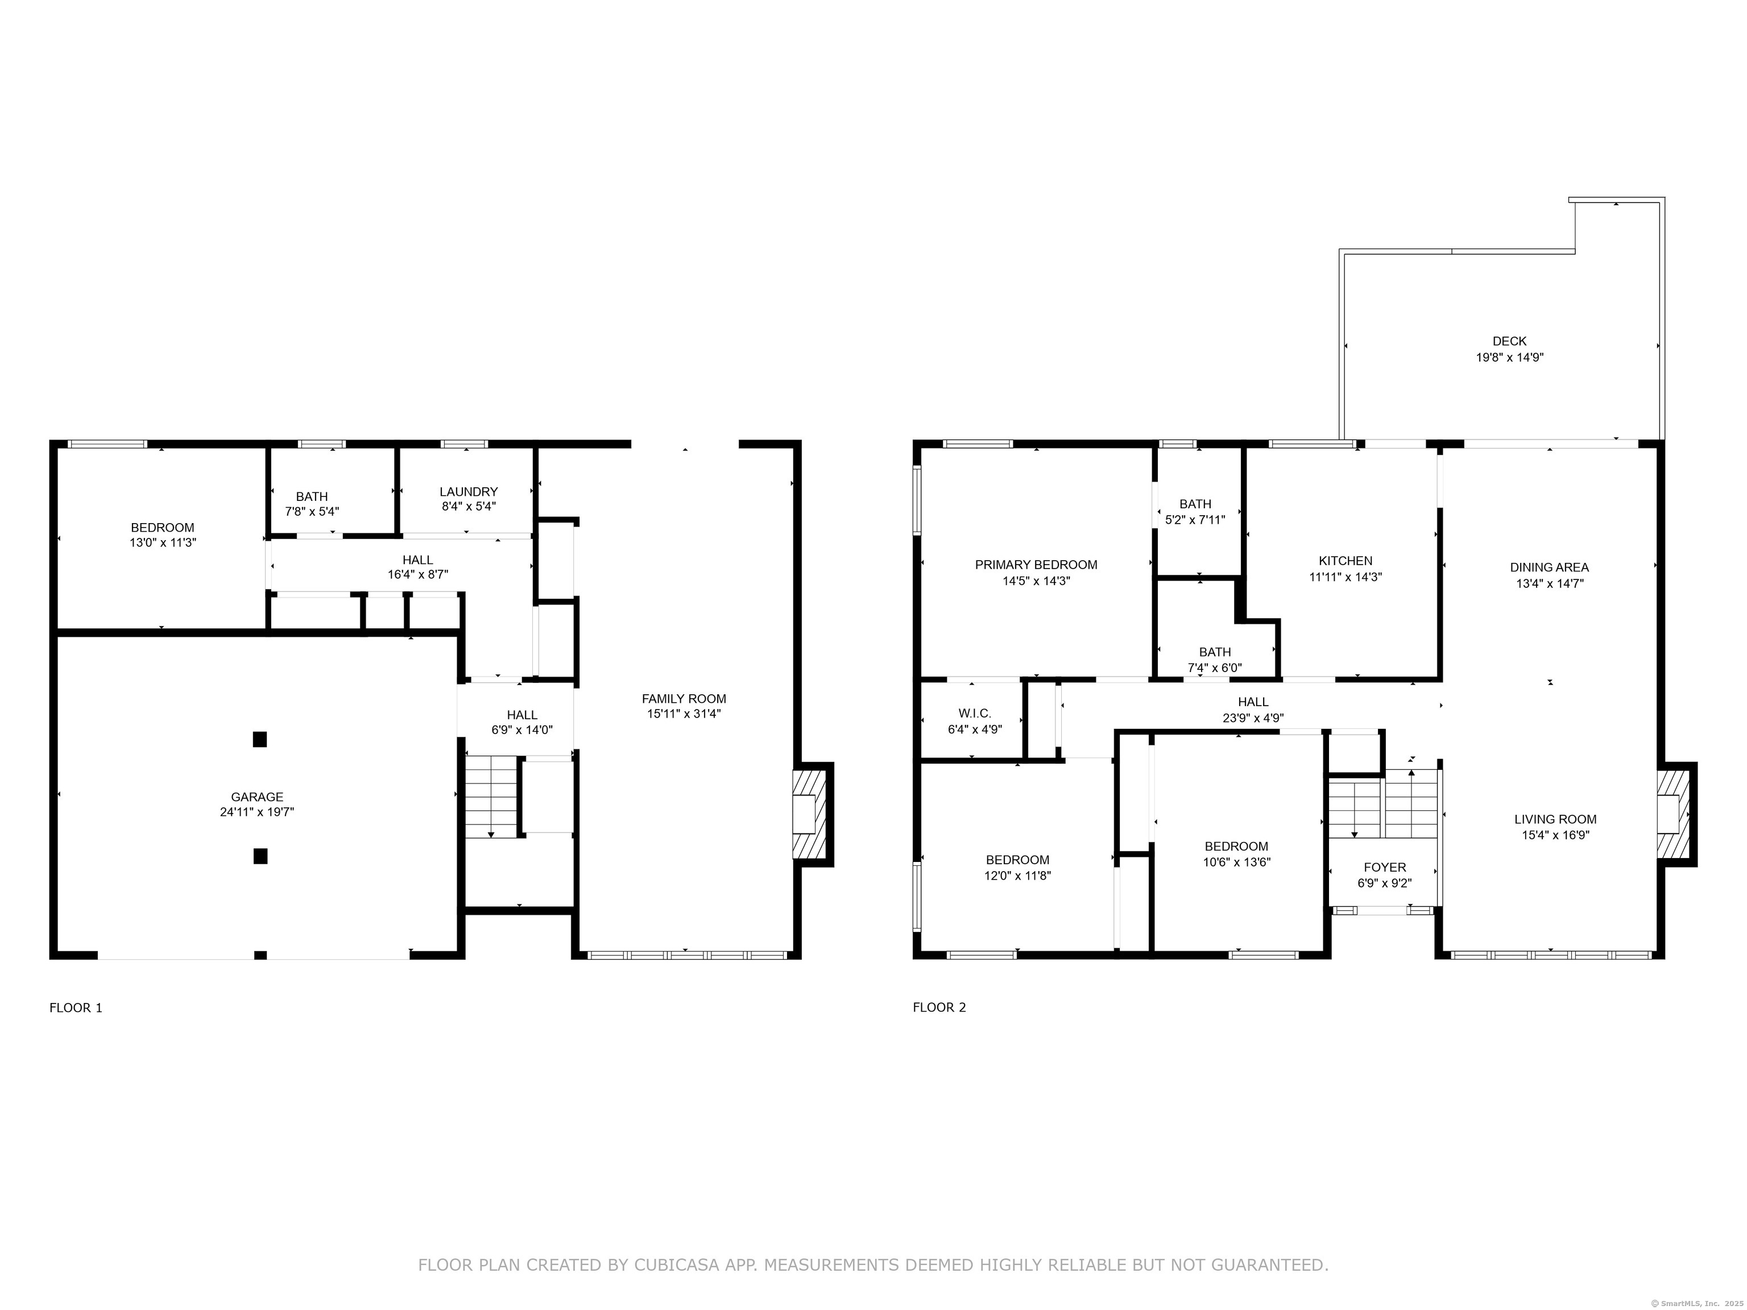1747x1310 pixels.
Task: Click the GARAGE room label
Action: click(x=256, y=797)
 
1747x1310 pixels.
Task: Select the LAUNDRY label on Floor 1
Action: click(x=469, y=492)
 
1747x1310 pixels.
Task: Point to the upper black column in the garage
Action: click(x=260, y=739)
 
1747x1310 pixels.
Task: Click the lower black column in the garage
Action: click(x=260, y=856)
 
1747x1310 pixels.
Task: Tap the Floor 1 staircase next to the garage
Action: click(x=490, y=796)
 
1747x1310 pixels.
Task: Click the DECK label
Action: click(x=1509, y=341)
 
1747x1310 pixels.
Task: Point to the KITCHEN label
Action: click(x=1345, y=561)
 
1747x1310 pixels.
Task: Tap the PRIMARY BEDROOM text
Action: click(x=1036, y=565)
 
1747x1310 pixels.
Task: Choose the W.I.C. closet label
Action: click(x=975, y=713)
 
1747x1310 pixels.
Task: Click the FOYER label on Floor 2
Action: click(x=1385, y=867)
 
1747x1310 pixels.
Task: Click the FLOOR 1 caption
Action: click(x=76, y=1008)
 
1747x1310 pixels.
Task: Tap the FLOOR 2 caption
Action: click(x=939, y=1007)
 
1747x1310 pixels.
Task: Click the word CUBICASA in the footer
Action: click(x=676, y=1265)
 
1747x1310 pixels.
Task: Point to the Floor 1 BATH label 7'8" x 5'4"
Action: click(x=312, y=497)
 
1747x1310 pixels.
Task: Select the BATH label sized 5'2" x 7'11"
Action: click(x=1195, y=504)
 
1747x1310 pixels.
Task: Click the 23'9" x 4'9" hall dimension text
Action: click(x=1253, y=718)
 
